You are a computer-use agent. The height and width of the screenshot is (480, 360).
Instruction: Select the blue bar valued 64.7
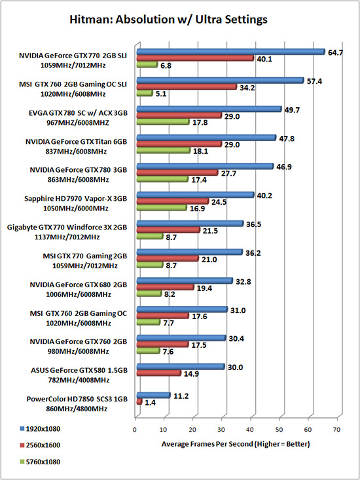click(230, 52)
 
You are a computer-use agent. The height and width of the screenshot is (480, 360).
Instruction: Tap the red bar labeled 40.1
click(195, 58)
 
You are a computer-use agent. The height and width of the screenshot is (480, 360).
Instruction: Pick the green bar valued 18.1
click(163, 150)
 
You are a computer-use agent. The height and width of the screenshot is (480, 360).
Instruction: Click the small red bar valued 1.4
click(139, 402)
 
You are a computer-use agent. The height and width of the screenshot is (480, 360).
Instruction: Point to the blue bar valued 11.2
click(153, 395)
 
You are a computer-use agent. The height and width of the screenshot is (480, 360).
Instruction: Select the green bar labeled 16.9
click(162, 208)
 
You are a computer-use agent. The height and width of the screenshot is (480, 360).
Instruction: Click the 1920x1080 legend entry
click(40, 429)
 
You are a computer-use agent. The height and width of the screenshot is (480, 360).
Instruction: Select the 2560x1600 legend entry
click(40, 445)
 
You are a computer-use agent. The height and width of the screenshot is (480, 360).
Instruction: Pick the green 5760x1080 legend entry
click(40, 461)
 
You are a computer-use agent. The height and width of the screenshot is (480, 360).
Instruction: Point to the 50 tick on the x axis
click(279, 429)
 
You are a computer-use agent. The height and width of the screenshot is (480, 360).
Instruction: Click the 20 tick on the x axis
click(192, 429)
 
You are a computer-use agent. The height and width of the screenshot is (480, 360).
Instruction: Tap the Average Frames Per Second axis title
click(236, 444)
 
